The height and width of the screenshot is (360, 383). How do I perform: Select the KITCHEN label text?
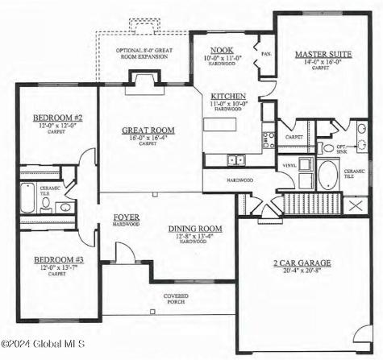pos(223,95)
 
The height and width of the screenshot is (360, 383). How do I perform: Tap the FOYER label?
pos(126,217)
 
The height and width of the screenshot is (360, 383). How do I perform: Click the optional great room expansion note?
pos(144,55)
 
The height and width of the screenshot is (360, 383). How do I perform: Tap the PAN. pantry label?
pos(267,54)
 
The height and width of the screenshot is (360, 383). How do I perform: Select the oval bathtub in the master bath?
pos(328,174)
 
